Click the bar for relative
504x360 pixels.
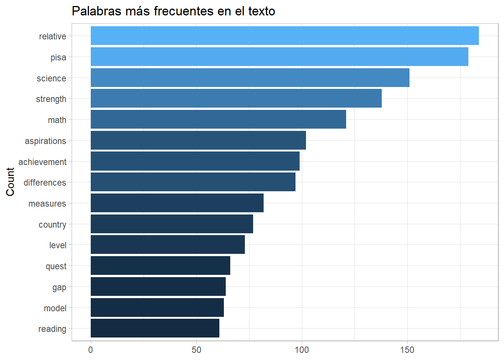tap(285, 36)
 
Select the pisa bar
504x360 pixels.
tap(279, 57)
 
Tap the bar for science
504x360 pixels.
tap(250, 78)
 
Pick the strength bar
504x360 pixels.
tap(236, 98)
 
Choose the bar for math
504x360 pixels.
tap(218, 119)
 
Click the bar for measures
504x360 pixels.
tap(177, 203)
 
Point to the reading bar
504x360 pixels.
tap(155, 328)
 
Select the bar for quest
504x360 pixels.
tap(160, 265)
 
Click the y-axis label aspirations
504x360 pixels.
tap(45, 141)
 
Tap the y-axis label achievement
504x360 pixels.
tap(42, 162)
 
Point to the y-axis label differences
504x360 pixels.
tap(45, 183)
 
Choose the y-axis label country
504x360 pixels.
tap(52, 225)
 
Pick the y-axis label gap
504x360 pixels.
tap(59, 287)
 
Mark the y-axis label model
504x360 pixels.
tap(55, 308)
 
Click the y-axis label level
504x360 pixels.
tap(58, 245)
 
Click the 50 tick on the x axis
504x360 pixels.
tap(196, 350)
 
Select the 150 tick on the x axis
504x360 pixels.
tap(407, 350)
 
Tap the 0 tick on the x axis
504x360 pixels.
tap(91, 350)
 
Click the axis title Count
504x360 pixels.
tap(10, 182)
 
